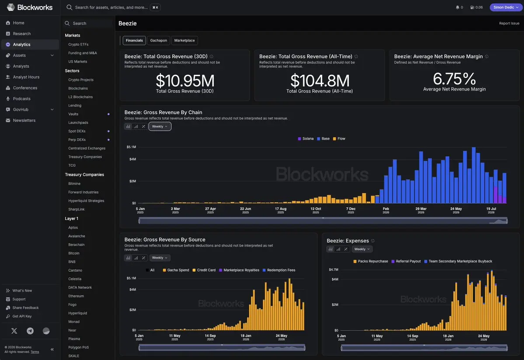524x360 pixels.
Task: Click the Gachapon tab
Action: pos(158,41)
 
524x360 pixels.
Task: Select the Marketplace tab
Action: pos(184,41)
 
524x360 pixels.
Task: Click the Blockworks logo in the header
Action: pos(30,7)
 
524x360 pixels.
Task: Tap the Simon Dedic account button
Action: pos(506,7)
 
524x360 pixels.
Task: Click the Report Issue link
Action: pos(509,24)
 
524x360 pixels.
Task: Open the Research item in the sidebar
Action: pos(22,34)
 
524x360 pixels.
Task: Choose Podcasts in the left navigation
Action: pos(22,99)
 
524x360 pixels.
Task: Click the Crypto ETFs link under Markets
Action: pos(78,44)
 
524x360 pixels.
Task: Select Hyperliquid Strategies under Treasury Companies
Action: pos(86,201)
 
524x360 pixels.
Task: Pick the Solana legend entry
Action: pos(305,139)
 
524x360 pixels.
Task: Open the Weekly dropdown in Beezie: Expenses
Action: pos(362,249)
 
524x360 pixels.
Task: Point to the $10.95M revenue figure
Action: pos(185,80)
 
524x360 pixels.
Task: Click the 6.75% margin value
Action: pos(454,79)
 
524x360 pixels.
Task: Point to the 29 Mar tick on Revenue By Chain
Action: pos(421,210)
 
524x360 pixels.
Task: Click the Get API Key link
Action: pos(22,316)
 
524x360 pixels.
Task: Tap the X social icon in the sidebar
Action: pos(14,331)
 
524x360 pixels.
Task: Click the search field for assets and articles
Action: pos(111,7)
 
